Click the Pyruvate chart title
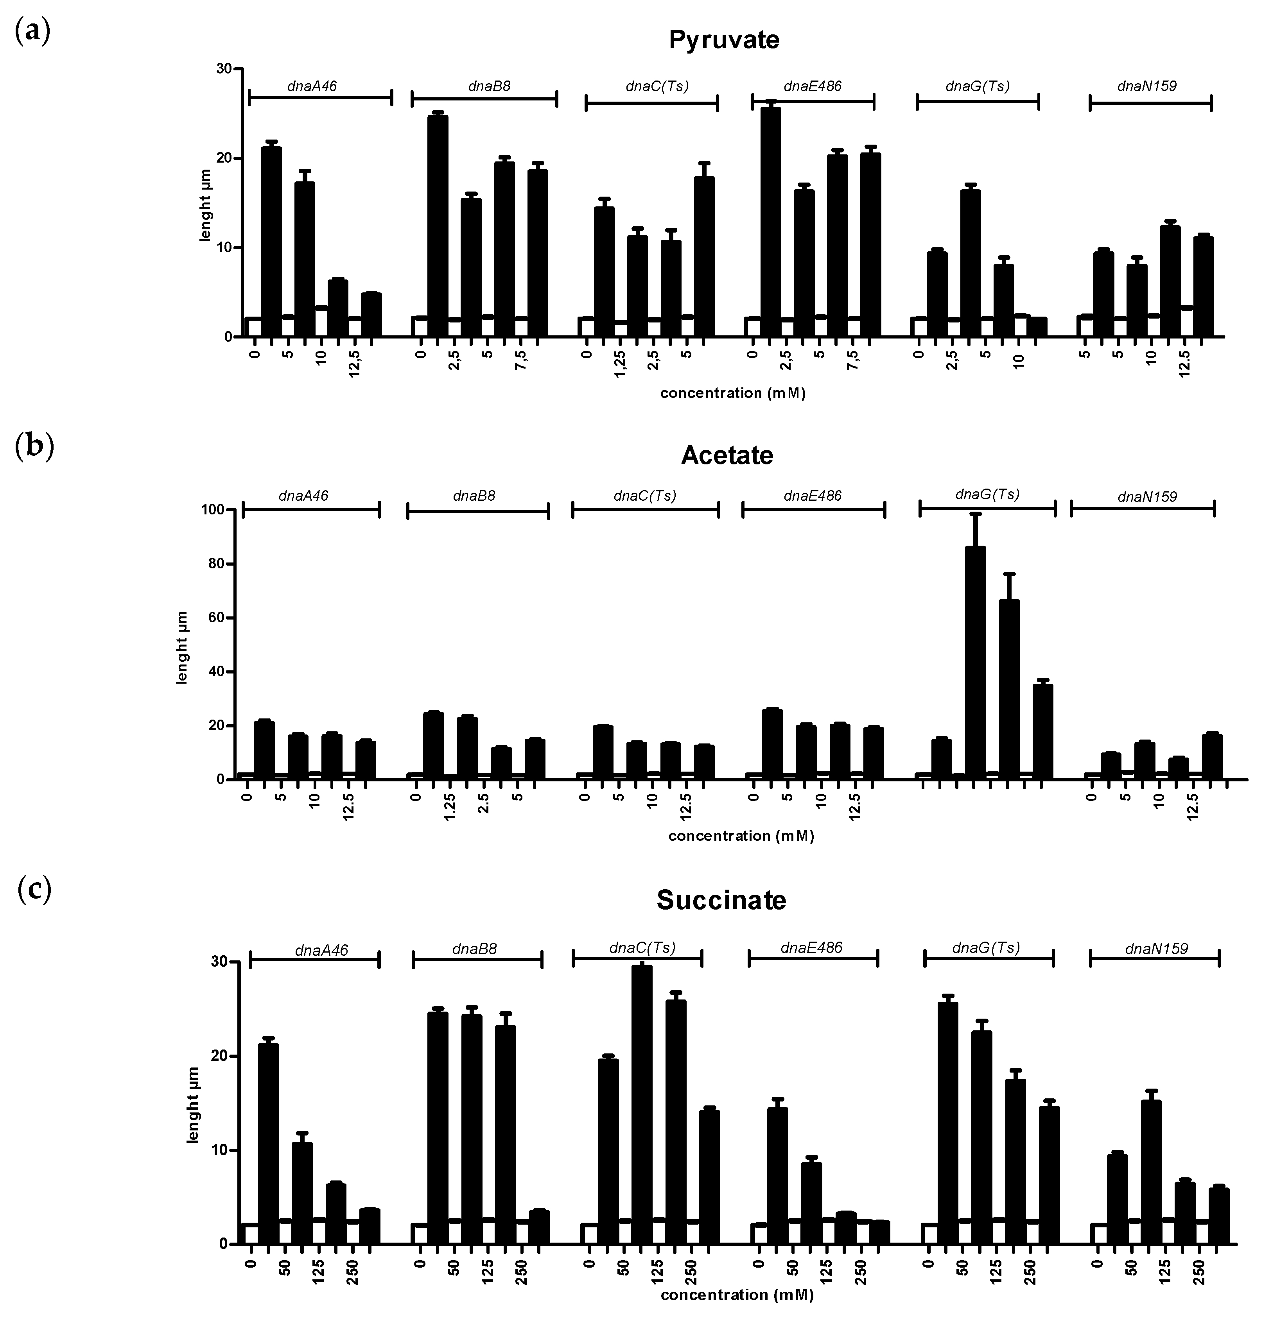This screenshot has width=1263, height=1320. [x=724, y=40]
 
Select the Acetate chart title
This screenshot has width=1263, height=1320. [x=727, y=456]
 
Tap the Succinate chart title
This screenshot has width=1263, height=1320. [x=721, y=900]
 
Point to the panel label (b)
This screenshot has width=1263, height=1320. [x=34, y=448]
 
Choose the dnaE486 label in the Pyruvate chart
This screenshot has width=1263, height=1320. [x=813, y=86]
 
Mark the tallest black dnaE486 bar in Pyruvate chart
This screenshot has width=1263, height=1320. [x=771, y=222]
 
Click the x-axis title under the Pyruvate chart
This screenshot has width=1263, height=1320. [x=732, y=393]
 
